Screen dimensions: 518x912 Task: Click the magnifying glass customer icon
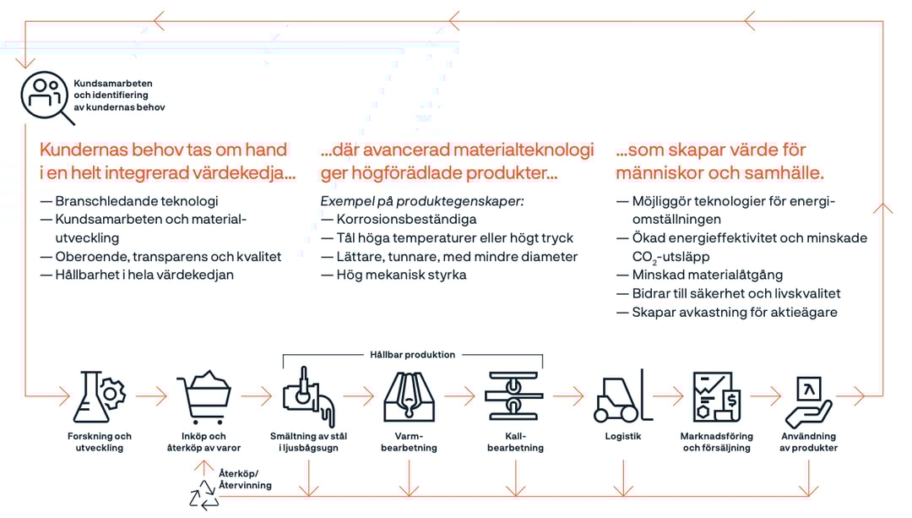(x=45, y=95)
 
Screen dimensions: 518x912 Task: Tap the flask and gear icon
(x=100, y=395)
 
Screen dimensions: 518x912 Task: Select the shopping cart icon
(x=204, y=396)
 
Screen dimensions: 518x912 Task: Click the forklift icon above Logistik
(x=622, y=395)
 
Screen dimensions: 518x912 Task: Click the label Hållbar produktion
(x=412, y=355)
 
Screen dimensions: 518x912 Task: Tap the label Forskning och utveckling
(x=100, y=442)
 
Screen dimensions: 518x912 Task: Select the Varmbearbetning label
(x=409, y=442)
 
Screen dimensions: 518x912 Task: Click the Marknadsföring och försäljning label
(x=717, y=442)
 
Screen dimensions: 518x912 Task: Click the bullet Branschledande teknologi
(x=136, y=201)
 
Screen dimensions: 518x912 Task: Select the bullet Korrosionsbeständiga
(x=406, y=220)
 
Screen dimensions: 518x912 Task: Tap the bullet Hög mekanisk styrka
(x=401, y=275)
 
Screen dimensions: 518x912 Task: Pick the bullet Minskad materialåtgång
(x=707, y=275)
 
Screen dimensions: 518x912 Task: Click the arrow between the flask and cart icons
(x=152, y=395)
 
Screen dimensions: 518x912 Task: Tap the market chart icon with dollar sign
(x=717, y=396)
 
